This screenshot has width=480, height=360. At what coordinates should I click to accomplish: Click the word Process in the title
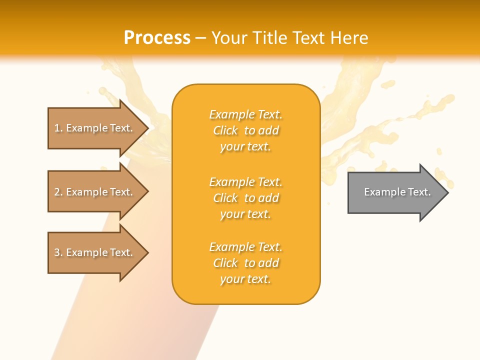[x=157, y=38]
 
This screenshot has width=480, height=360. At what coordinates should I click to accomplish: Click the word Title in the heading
[x=269, y=38]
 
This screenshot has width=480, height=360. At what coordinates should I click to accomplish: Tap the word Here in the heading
[x=349, y=38]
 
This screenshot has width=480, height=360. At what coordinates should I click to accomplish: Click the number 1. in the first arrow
[x=58, y=128]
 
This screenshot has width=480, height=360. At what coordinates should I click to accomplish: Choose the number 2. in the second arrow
[x=58, y=192]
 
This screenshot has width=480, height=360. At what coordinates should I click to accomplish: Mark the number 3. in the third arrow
[x=58, y=252]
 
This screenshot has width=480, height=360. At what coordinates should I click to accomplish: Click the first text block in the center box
[x=246, y=130]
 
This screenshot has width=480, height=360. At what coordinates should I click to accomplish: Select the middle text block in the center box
[x=246, y=198]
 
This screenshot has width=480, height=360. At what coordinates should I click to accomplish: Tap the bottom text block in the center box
[x=246, y=263]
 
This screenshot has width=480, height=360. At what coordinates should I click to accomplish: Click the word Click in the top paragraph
[x=225, y=130]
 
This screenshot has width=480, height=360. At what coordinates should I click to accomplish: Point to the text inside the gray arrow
[x=397, y=192]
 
